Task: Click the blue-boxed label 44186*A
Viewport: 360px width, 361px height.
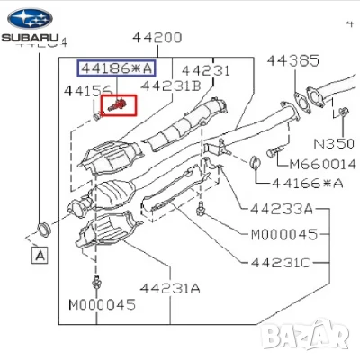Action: [116, 68]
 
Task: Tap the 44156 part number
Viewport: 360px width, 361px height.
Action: [88, 90]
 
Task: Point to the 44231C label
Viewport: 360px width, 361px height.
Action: [279, 262]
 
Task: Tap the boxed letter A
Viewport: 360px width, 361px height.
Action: [39, 256]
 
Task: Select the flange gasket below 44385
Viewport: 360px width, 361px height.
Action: [311, 96]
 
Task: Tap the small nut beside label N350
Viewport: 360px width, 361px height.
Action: [343, 113]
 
